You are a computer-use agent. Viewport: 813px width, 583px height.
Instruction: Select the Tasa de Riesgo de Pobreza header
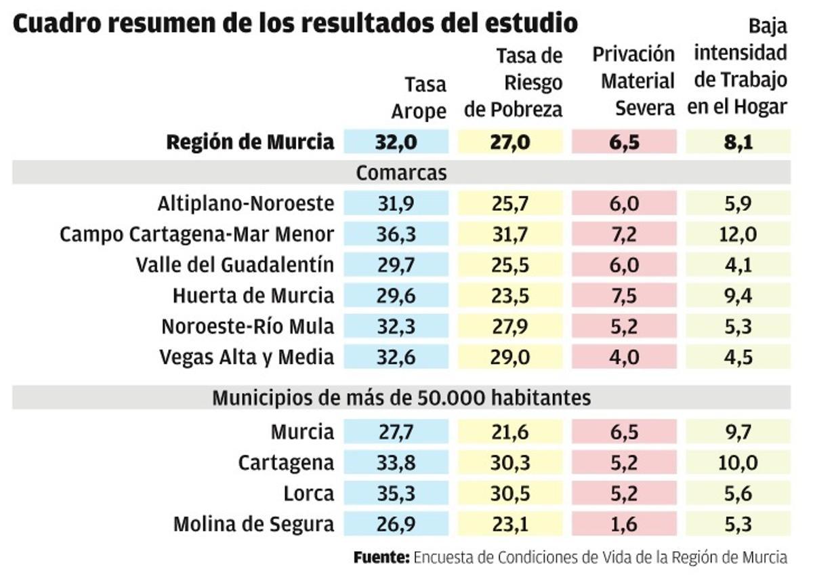pyautogui.click(x=513, y=82)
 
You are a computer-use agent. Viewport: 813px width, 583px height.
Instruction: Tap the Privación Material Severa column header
pyautogui.click(x=633, y=81)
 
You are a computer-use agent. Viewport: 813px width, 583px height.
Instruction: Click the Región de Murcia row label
pyautogui.click(x=250, y=142)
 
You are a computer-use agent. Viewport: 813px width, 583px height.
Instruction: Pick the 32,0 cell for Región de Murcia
pyautogui.click(x=396, y=142)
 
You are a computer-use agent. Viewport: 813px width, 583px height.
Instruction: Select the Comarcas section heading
pyautogui.click(x=401, y=172)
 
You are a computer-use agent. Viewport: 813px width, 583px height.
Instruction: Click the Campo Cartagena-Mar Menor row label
pyautogui.click(x=196, y=234)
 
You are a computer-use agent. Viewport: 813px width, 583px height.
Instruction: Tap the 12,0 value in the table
pyautogui.click(x=738, y=234)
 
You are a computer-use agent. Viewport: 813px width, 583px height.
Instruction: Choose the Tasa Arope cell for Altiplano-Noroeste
pyautogui.click(x=396, y=203)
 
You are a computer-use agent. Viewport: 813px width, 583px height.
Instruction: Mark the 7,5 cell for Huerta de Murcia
pyautogui.click(x=624, y=296)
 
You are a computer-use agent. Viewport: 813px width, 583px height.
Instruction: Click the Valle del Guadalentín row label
pyautogui.click(x=234, y=264)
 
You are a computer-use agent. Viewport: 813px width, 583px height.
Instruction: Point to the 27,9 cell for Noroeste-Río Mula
pyautogui.click(x=510, y=326)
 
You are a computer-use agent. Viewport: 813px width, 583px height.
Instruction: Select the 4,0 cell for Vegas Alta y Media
pyautogui.click(x=624, y=357)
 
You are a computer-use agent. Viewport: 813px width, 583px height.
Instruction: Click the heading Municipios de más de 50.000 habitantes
pyautogui.click(x=401, y=397)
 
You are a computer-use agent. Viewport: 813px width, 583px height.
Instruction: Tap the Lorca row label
pyautogui.click(x=309, y=493)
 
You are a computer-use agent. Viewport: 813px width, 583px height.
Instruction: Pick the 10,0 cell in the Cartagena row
pyautogui.click(x=738, y=462)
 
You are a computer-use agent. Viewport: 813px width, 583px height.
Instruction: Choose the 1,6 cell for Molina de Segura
pyautogui.click(x=624, y=523)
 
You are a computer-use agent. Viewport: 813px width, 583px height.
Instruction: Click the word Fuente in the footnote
pyautogui.click(x=381, y=558)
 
